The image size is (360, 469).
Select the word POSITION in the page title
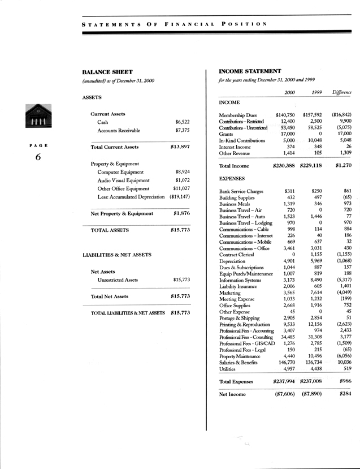click(245, 24)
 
